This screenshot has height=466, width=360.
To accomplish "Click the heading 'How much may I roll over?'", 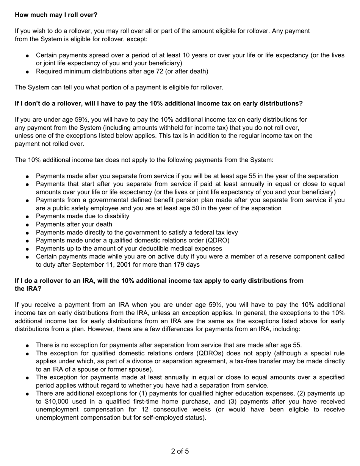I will (56, 15).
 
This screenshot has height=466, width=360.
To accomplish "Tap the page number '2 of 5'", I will (180, 451).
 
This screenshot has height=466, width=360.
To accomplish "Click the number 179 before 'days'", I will (179, 264).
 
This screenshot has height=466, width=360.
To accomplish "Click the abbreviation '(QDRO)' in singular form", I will (217, 240).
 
